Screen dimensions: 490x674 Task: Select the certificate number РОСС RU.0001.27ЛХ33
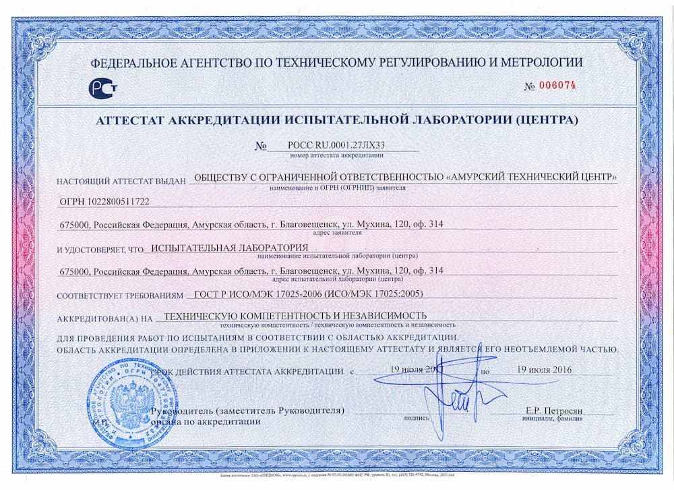pos(336,144)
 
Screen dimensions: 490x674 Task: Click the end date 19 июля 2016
pos(539,370)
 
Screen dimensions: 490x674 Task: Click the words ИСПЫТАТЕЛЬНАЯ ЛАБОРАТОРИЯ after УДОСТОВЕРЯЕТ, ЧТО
pos(230,248)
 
